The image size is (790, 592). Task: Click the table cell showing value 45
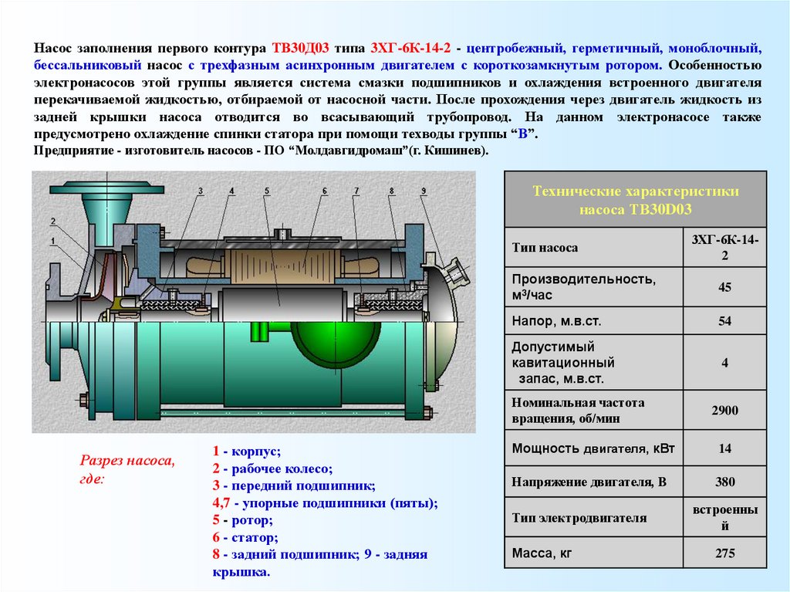(724, 287)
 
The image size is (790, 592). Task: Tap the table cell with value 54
(724, 321)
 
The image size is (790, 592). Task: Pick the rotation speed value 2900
(724, 411)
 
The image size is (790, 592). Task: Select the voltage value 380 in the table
(724, 482)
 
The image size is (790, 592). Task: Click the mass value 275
(724, 553)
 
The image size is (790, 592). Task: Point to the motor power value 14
(724, 448)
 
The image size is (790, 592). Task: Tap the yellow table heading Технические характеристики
(636, 191)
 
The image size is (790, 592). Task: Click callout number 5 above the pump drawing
(266, 191)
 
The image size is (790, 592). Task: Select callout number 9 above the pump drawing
(424, 191)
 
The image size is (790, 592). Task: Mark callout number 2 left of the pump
(52, 222)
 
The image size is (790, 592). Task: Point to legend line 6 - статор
(246, 537)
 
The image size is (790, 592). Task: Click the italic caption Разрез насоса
(127, 461)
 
